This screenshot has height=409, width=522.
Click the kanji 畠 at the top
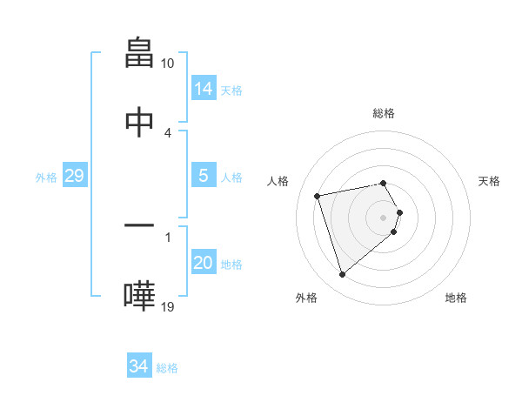tap(140, 51)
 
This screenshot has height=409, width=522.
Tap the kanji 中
tap(140, 121)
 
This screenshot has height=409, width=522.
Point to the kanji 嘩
tap(140, 295)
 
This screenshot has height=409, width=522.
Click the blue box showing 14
tap(203, 88)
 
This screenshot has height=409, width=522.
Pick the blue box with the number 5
tap(203, 176)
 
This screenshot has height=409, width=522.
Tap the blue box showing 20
tap(203, 263)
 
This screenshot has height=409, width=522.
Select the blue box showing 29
tap(74, 176)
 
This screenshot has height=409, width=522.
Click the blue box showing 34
tap(139, 366)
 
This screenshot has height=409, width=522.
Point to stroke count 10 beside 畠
tap(167, 64)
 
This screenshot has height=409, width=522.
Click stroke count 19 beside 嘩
tap(167, 306)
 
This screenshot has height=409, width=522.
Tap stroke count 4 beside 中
tap(167, 132)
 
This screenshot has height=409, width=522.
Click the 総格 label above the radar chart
tap(384, 113)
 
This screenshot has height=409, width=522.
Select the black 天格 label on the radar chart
tap(490, 181)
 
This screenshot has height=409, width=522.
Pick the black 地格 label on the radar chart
tap(456, 298)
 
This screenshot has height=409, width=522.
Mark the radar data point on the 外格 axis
tap(342, 275)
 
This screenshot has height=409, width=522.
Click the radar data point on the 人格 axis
tap(318, 195)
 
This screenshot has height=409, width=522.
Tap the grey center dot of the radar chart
tap(384, 217)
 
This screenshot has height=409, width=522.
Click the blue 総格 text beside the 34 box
tap(167, 368)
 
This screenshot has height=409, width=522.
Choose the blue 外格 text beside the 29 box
tap(46, 178)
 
